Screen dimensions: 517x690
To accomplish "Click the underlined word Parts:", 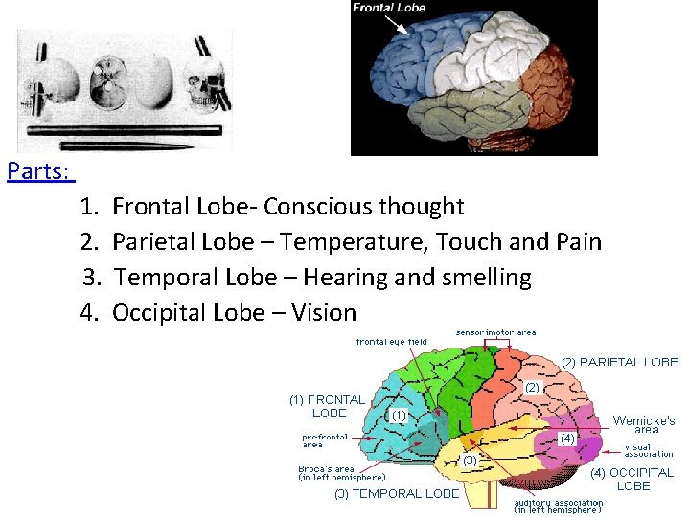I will [38, 171].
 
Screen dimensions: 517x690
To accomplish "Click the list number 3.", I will [92, 278].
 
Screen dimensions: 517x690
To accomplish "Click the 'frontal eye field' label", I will [391, 342].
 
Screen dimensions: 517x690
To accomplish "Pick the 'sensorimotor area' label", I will [495, 332].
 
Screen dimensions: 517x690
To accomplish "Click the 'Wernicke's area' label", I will [644, 425].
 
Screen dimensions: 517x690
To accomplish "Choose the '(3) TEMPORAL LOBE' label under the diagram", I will [397, 494].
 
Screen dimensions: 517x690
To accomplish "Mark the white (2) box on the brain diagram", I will [533, 388].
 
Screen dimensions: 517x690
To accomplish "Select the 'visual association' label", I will [649, 449].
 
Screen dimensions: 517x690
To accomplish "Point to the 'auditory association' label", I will [559, 506].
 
